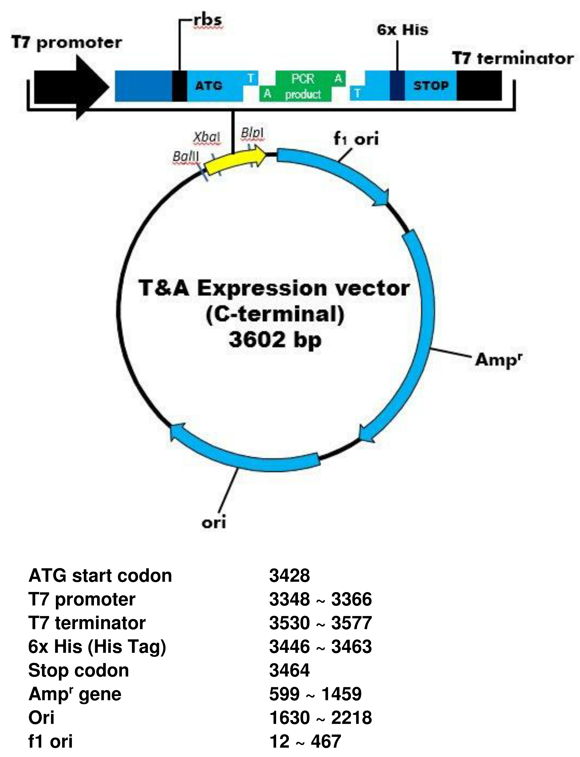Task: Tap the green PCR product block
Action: click(303, 86)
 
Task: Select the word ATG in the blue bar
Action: click(209, 86)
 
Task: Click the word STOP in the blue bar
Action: click(431, 86)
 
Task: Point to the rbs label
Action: click(207, 20)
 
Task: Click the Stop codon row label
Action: click(79, 670)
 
